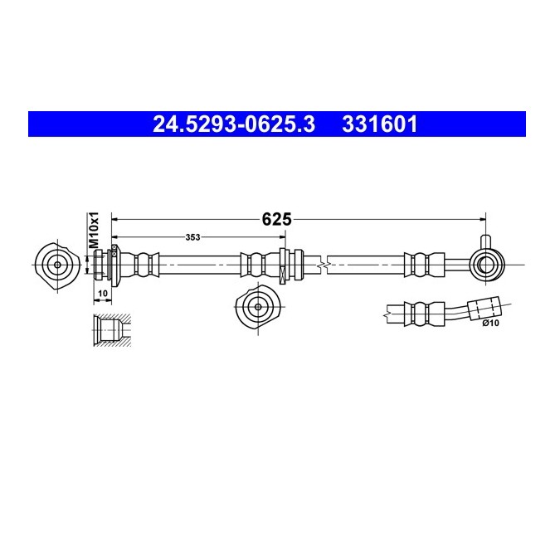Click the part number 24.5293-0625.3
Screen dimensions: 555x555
pos(234,124)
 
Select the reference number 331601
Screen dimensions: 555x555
pos(380,124)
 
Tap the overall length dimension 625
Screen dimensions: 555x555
pos(276,219)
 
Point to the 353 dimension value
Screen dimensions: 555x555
pos(192,237)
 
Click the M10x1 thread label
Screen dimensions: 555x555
pos(94,230)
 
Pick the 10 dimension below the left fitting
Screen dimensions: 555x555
pos(103,294)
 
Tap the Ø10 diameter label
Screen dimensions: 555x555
pos(490,323)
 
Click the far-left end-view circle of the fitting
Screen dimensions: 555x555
pos(57,265)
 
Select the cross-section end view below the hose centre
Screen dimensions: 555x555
pos(258,306)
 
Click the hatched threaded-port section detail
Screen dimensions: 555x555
pos(112,330)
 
